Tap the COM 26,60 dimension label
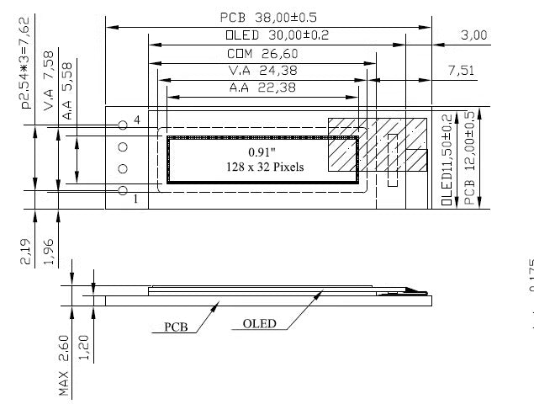tap(262, 53)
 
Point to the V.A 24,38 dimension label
tap(262, 71)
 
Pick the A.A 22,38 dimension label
tap(262, 88)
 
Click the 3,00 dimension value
tap(474, 35)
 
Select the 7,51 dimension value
tap(461, 71)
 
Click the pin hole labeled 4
tap(123, 125)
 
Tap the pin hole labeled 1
tap(123, 191)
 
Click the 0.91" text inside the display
tap(261, 151)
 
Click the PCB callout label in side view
tap(176, 326)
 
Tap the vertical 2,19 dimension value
tap(24, 252)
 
